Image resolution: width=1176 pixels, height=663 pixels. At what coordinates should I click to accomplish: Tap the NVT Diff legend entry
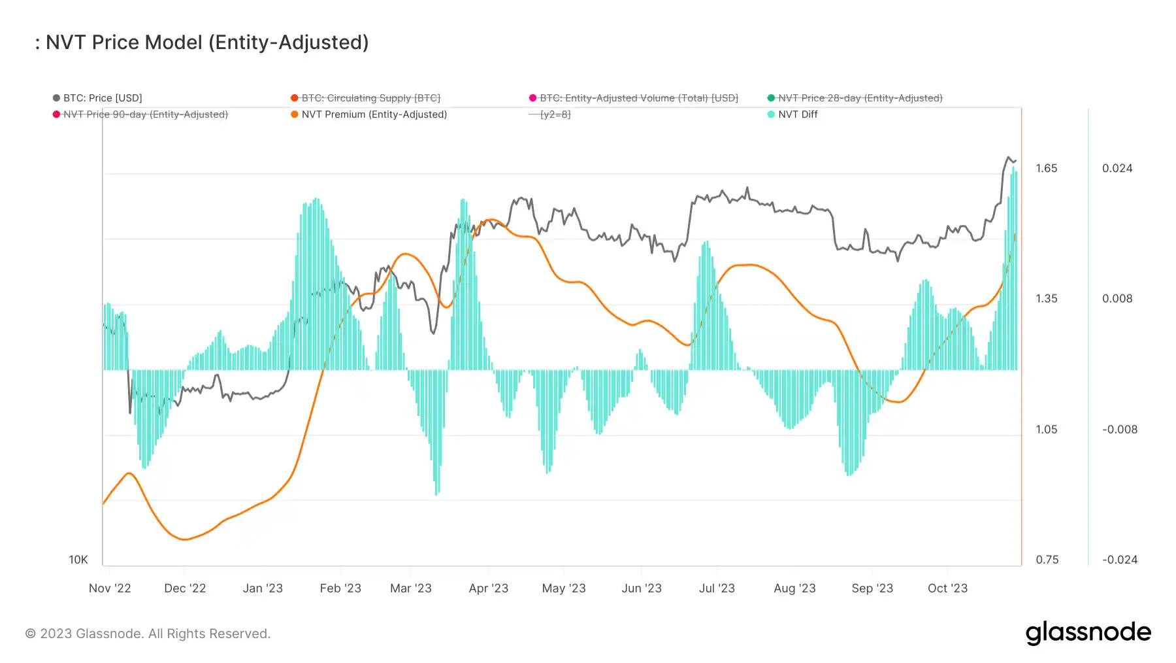(797, 114)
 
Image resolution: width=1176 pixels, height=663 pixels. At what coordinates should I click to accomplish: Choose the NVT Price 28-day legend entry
(860, 98)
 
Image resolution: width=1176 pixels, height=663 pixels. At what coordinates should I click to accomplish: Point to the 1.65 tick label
(1046, 168)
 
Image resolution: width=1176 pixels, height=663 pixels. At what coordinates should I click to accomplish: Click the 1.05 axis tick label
(1046, 430)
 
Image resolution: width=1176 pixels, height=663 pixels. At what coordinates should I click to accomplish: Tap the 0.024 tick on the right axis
(1117, 168)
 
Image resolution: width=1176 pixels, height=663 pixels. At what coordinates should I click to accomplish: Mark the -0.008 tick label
(1120, 430)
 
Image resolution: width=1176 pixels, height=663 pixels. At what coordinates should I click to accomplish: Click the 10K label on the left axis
(78, 560)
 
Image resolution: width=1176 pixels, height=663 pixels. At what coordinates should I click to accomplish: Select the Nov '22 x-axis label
(110, 588)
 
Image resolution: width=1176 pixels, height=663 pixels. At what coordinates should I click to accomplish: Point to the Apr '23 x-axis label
(488, 588)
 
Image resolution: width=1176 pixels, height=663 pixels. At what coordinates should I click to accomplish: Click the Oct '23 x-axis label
(947, 588)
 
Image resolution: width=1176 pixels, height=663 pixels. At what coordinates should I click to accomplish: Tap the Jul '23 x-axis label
(717, 588)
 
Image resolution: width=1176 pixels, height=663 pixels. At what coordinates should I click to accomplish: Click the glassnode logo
(1088, 633)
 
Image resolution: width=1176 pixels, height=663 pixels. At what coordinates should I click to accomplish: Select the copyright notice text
(148, 634)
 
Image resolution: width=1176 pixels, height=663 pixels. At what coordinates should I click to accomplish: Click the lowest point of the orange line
(185, 539)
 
